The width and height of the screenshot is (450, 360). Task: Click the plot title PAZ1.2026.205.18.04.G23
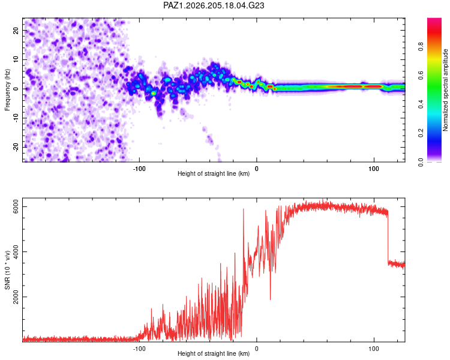(x=214, y=5)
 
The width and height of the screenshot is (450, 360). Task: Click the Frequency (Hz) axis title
(x=7, y=90)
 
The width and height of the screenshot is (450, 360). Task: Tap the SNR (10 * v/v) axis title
(x=7, y=270)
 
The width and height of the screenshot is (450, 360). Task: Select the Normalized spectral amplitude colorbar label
(x=445, y=90)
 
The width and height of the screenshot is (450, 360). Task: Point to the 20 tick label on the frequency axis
(x=16, y=31)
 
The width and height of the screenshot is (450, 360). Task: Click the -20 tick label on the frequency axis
(x=16, y=147)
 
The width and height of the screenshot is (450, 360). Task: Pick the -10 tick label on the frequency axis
(x=16, y=118)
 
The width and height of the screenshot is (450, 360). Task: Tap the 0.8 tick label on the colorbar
(x=421, y=47)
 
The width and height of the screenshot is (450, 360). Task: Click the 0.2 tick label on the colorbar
(x=421, y=133)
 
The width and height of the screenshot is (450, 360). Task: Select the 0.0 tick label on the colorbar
(x=421, y=162)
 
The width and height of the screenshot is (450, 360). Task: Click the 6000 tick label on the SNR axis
(x=16, y=206)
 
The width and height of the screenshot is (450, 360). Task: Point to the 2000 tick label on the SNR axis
(x=16, y=297)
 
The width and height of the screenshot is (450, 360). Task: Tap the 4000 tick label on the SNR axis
(x=16, y=252)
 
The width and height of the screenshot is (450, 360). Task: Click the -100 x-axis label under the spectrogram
(x=139, y=169)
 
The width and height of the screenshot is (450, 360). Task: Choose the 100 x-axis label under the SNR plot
(x=374, y=349)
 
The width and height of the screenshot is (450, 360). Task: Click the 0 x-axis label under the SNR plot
(x=257, y=349)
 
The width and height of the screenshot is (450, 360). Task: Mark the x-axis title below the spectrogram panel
(x=214, y=173)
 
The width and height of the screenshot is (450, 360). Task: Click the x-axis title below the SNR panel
(x=214, y=353)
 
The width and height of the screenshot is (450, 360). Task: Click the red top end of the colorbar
(x=434, y=20)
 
